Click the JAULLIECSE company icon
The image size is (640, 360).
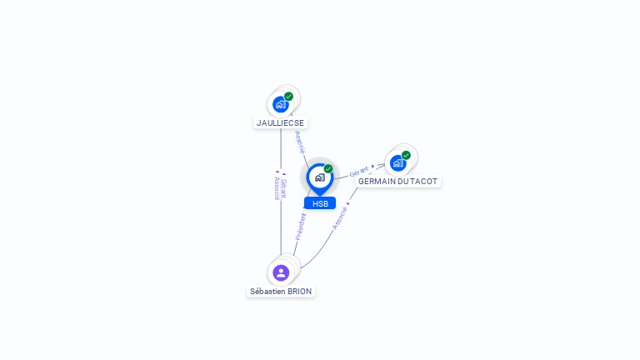(x=281, y=105)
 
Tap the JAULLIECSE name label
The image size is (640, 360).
(x=280, y=122)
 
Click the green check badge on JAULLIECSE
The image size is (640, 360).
(x=288, y=97)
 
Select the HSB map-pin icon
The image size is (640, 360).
(x=319, y=177)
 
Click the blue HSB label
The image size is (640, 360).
(x=320, y=203)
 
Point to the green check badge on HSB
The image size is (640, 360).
(x=328, y=169)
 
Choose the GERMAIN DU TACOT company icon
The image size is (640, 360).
(x=397, y=163)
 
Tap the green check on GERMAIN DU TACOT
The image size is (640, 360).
(x=406, y=155)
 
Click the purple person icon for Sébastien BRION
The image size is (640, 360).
(x=281, y=272)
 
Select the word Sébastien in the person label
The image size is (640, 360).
(x=268, y=292)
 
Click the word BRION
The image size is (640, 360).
(x=300, y=292)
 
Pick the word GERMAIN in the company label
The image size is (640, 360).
(x=377, y=182)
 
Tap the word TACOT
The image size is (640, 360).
(x=424, y=182)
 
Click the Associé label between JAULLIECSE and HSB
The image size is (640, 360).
(x=300, y=142)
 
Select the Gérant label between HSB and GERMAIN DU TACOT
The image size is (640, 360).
(x=359, y=171)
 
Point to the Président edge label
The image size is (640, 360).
(x=301, y=227)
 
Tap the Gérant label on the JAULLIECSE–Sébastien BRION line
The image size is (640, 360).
(x=284, y=187)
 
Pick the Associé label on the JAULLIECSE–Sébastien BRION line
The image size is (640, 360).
(x=277, y=187)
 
